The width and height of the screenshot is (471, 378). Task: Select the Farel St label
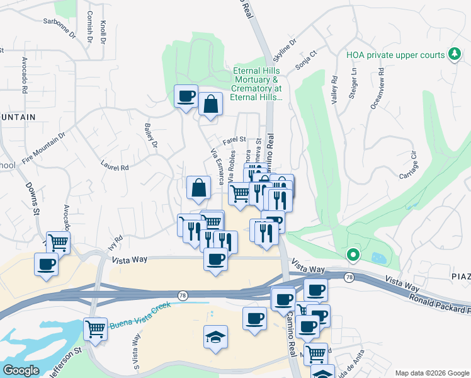tap(233, 140)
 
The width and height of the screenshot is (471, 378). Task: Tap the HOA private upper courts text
tap(395, 55)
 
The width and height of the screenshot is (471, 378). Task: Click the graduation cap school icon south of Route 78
tap(215, 336)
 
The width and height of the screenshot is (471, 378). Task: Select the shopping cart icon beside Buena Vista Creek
tap(95, 328)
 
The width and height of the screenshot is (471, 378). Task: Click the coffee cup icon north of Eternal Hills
tap(186, 96)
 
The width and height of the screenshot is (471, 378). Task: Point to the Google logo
tap(21, 370)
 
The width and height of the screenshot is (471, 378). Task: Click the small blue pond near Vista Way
tap(378, 258)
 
